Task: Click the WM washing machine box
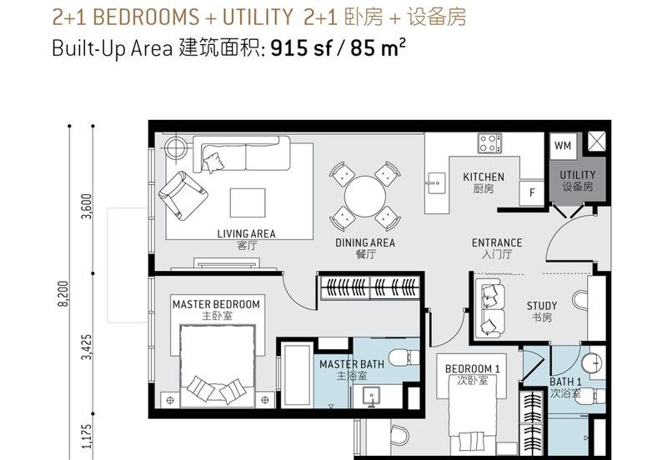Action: [x=563, y=146]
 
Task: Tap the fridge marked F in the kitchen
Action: [x=532, y=192]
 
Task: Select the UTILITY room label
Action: [x=577, y=175]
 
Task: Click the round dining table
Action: [x=365, y=197]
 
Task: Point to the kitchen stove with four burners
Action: [x=489, y=143]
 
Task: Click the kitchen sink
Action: [x=436, y=183]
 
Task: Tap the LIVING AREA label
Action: [x=246, y=234]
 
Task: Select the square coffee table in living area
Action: [x=248, y=202]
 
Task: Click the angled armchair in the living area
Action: [x=183, y=196]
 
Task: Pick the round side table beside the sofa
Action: [x=175, y=148]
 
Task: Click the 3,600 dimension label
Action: [x=87, y=206]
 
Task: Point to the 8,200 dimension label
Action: [x=63, y=294]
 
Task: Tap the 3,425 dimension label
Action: [x=87, y=347]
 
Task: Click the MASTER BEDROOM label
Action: [x=216, y=304]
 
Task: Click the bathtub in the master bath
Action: [x=297, y=374]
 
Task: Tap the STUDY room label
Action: [x=541, y=306]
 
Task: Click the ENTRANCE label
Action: [x=497, y=242]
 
